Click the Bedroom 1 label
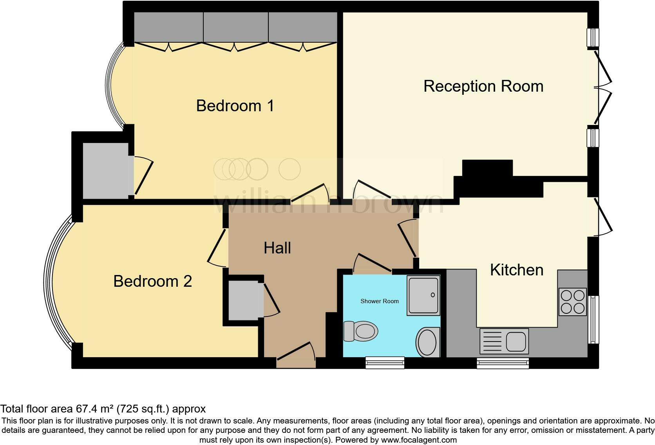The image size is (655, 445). click(x=235, y=106)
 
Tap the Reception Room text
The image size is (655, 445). click(x=483, y=86)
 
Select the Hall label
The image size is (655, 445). click(x=277, y=248)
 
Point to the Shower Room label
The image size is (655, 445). click(x=379, y=301)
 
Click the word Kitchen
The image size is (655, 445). click(x=516, y=270)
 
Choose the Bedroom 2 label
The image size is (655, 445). click(x=152, y=281)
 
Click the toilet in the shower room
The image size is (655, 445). click(x=360, y=331)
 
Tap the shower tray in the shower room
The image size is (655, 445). click(x=423, y=295)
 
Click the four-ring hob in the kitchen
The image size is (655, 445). click(x=572, y=302)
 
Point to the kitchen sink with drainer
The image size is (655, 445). click(x=504, y=341)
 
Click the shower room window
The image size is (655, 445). click(x=385, y=362)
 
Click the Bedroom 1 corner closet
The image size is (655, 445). click(x=105, y=170)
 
